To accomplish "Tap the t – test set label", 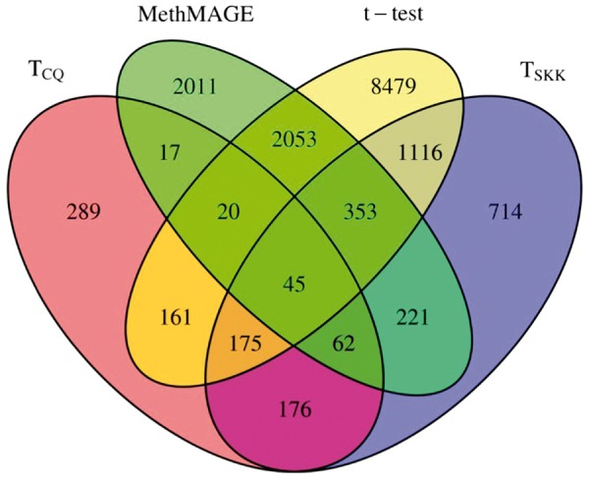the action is click(405, 16).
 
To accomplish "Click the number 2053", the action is click(295, 138).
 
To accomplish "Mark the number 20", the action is click(228, 211).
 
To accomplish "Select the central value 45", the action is click(294, 285).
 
